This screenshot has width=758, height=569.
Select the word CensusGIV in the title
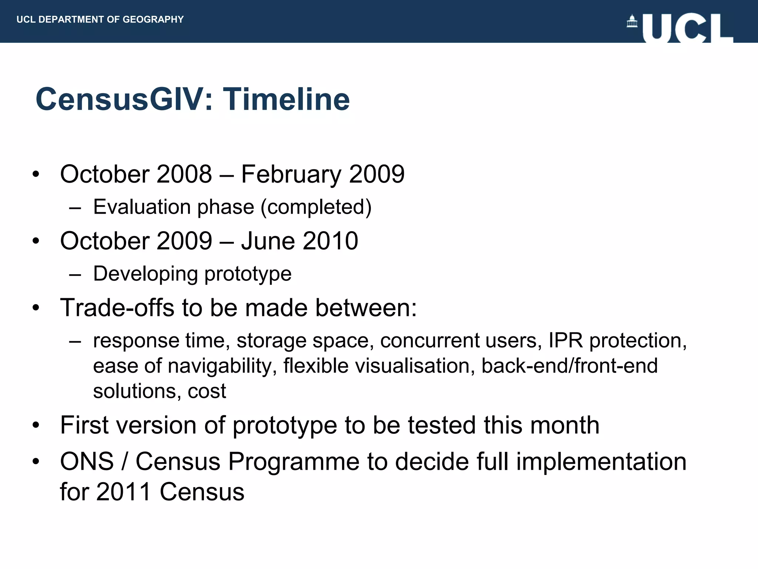click(119, 99)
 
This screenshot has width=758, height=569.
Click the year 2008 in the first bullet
click(184, 174)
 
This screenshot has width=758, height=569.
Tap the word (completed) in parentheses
click(316, 207)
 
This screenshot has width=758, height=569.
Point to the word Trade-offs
click(117, 308)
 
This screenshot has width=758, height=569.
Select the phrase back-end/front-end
click(570, 366)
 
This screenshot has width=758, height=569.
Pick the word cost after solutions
click(207, 391)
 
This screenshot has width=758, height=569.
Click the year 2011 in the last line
click(124, 492)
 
